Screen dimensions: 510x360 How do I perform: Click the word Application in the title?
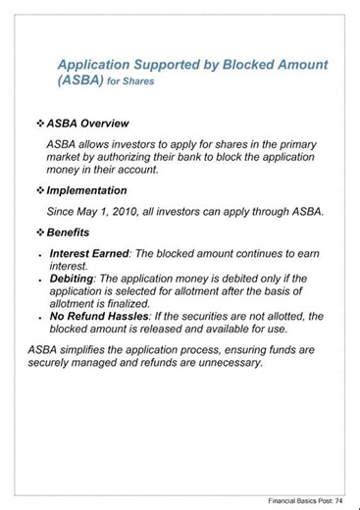pos(97,64)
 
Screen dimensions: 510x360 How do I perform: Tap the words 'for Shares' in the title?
pos(129,83)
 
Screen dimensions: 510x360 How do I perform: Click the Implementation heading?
pos(87,189)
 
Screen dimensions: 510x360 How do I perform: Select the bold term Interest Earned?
pos(89,253)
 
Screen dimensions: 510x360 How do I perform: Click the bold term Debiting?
pos(71,279)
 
